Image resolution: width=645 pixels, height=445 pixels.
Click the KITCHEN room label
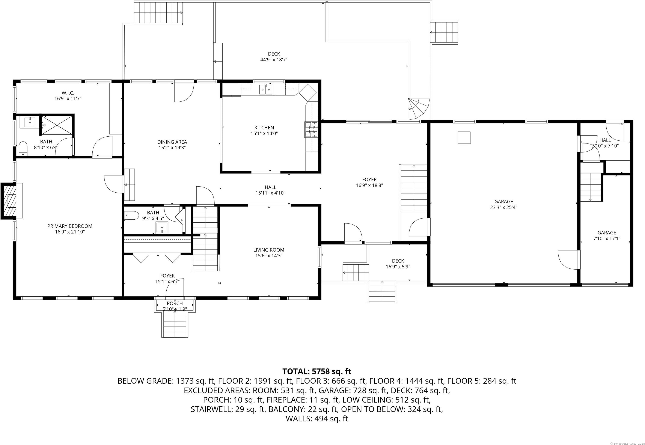(x=264, y=128)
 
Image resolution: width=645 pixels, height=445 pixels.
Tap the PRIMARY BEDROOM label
(x=70, y=226)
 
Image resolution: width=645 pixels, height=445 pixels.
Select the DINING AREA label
(x=172, y=142)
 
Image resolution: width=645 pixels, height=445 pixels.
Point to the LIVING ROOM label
(x=269, y=250)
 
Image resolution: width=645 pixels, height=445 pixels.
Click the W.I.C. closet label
(x=68, y=93)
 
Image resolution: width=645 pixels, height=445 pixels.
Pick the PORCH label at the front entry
(x=175, y=303)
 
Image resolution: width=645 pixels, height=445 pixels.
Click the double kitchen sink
(x=266, y=89)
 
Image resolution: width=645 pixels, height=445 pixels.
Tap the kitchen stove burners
(x=311, y=130)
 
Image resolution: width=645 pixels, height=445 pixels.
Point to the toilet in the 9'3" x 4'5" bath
(x=132, y=216)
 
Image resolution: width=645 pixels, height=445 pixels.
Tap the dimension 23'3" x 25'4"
(x=504, y=207)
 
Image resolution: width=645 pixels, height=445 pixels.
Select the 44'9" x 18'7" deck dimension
(x=274, y=59)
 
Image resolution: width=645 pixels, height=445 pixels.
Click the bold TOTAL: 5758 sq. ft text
(x=317, y=371)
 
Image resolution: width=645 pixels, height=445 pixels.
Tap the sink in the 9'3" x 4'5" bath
(x=162, y=228)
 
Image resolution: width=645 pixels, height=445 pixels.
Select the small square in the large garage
(x=464, y=138)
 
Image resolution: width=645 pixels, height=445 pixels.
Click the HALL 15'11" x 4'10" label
(x=270, y=190)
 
